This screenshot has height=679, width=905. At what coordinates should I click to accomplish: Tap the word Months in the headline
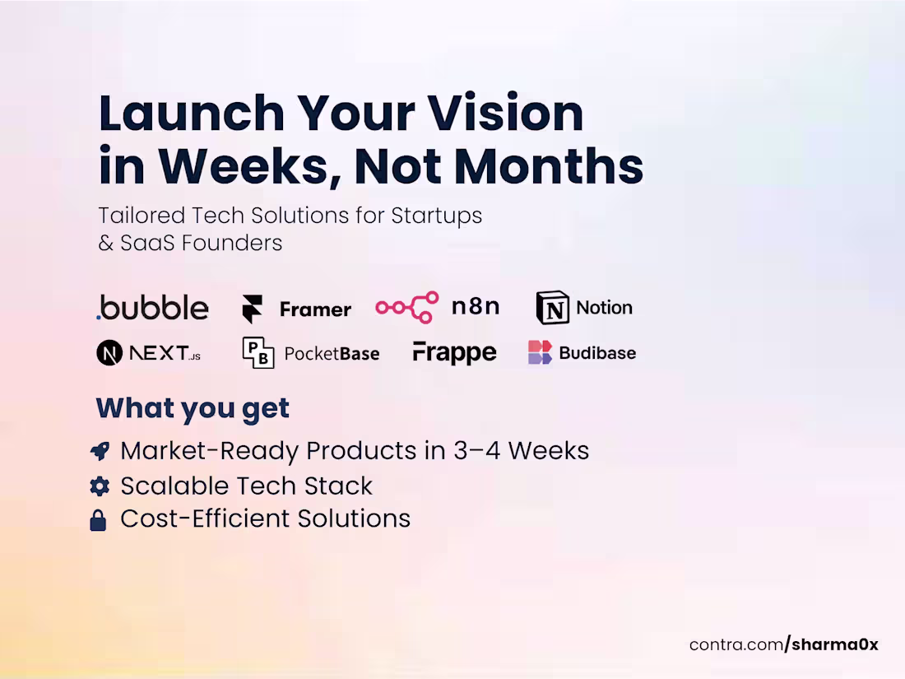point(549,166)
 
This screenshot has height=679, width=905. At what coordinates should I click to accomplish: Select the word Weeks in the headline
point(250,166)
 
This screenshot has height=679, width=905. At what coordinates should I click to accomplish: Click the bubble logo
point(153,308)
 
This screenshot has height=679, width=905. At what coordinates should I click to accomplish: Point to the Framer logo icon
point(252,309)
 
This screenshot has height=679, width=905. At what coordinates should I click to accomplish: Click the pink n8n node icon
point(407,308)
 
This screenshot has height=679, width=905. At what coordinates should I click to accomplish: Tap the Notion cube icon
point(552,308)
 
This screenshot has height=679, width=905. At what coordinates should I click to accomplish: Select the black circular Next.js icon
point(109,353)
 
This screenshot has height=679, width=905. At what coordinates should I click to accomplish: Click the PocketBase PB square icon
point(258,353)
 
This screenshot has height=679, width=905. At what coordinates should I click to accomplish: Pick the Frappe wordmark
point(454,353)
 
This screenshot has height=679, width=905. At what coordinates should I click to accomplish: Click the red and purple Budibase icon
point(540,353)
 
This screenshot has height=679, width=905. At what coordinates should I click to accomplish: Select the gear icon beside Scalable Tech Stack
point(99,486)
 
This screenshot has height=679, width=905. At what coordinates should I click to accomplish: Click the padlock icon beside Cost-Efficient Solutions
point(98,520)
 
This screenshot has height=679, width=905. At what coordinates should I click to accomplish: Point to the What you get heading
point(193,408)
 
